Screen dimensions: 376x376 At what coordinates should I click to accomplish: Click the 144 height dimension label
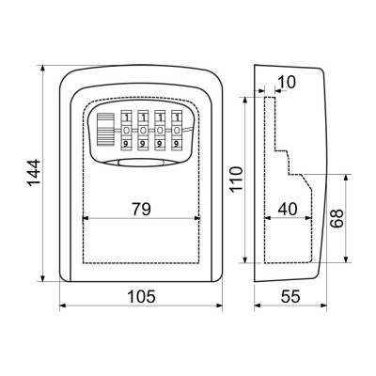coord(34,173)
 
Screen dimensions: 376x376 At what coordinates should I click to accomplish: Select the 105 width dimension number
coord(141,296)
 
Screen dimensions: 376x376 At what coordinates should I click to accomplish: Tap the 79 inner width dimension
coord(141,209)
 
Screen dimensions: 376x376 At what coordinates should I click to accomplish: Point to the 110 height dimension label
coord(236,180)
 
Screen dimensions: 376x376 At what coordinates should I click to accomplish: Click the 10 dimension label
coord(287,83)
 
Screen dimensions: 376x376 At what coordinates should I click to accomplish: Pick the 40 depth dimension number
coord(288,209)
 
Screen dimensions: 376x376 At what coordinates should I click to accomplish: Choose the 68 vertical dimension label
coord(337,218)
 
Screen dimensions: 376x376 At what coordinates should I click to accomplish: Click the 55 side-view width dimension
coord(290,296)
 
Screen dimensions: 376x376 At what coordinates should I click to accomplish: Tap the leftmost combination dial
coord(126,130)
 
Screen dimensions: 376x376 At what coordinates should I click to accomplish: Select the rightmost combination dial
coord(177,130)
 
